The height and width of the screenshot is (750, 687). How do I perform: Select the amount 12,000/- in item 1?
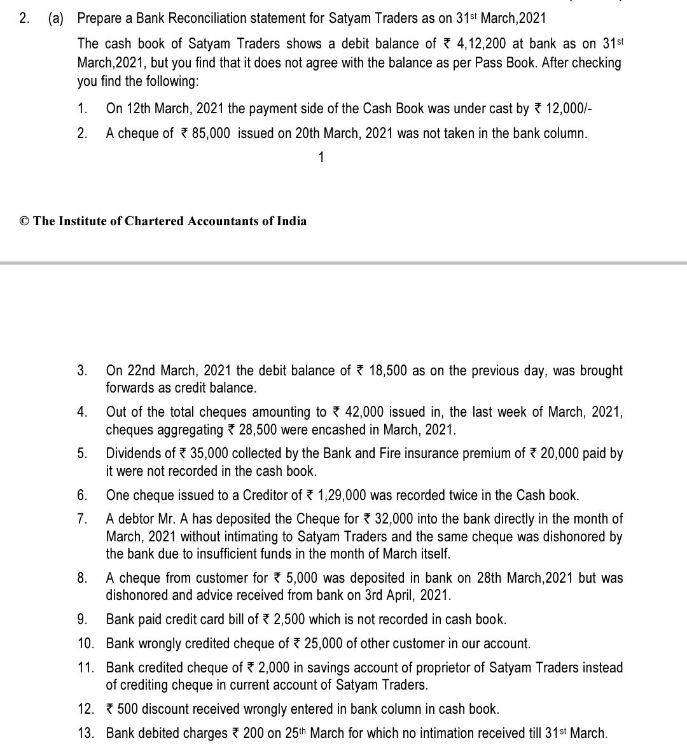[569, 109]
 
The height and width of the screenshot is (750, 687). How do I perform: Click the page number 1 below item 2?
[321, 157]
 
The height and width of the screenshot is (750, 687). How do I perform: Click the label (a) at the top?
[56, 18]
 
